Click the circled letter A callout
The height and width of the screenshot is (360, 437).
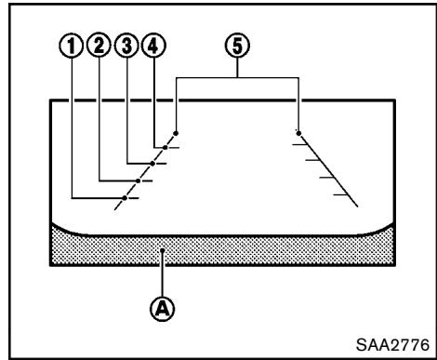(x=164, y=303)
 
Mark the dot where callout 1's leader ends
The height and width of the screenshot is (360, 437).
(x=124, y=198)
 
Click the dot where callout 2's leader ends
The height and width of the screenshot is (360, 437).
(x=138, y=180)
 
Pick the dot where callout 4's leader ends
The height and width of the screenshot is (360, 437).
(x=164, y=146)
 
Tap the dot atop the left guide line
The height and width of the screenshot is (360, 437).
(x=176, y=132)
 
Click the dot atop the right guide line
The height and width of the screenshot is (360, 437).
(x=298, y=132)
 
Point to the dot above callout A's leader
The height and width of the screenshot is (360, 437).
(x=164, y=250)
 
